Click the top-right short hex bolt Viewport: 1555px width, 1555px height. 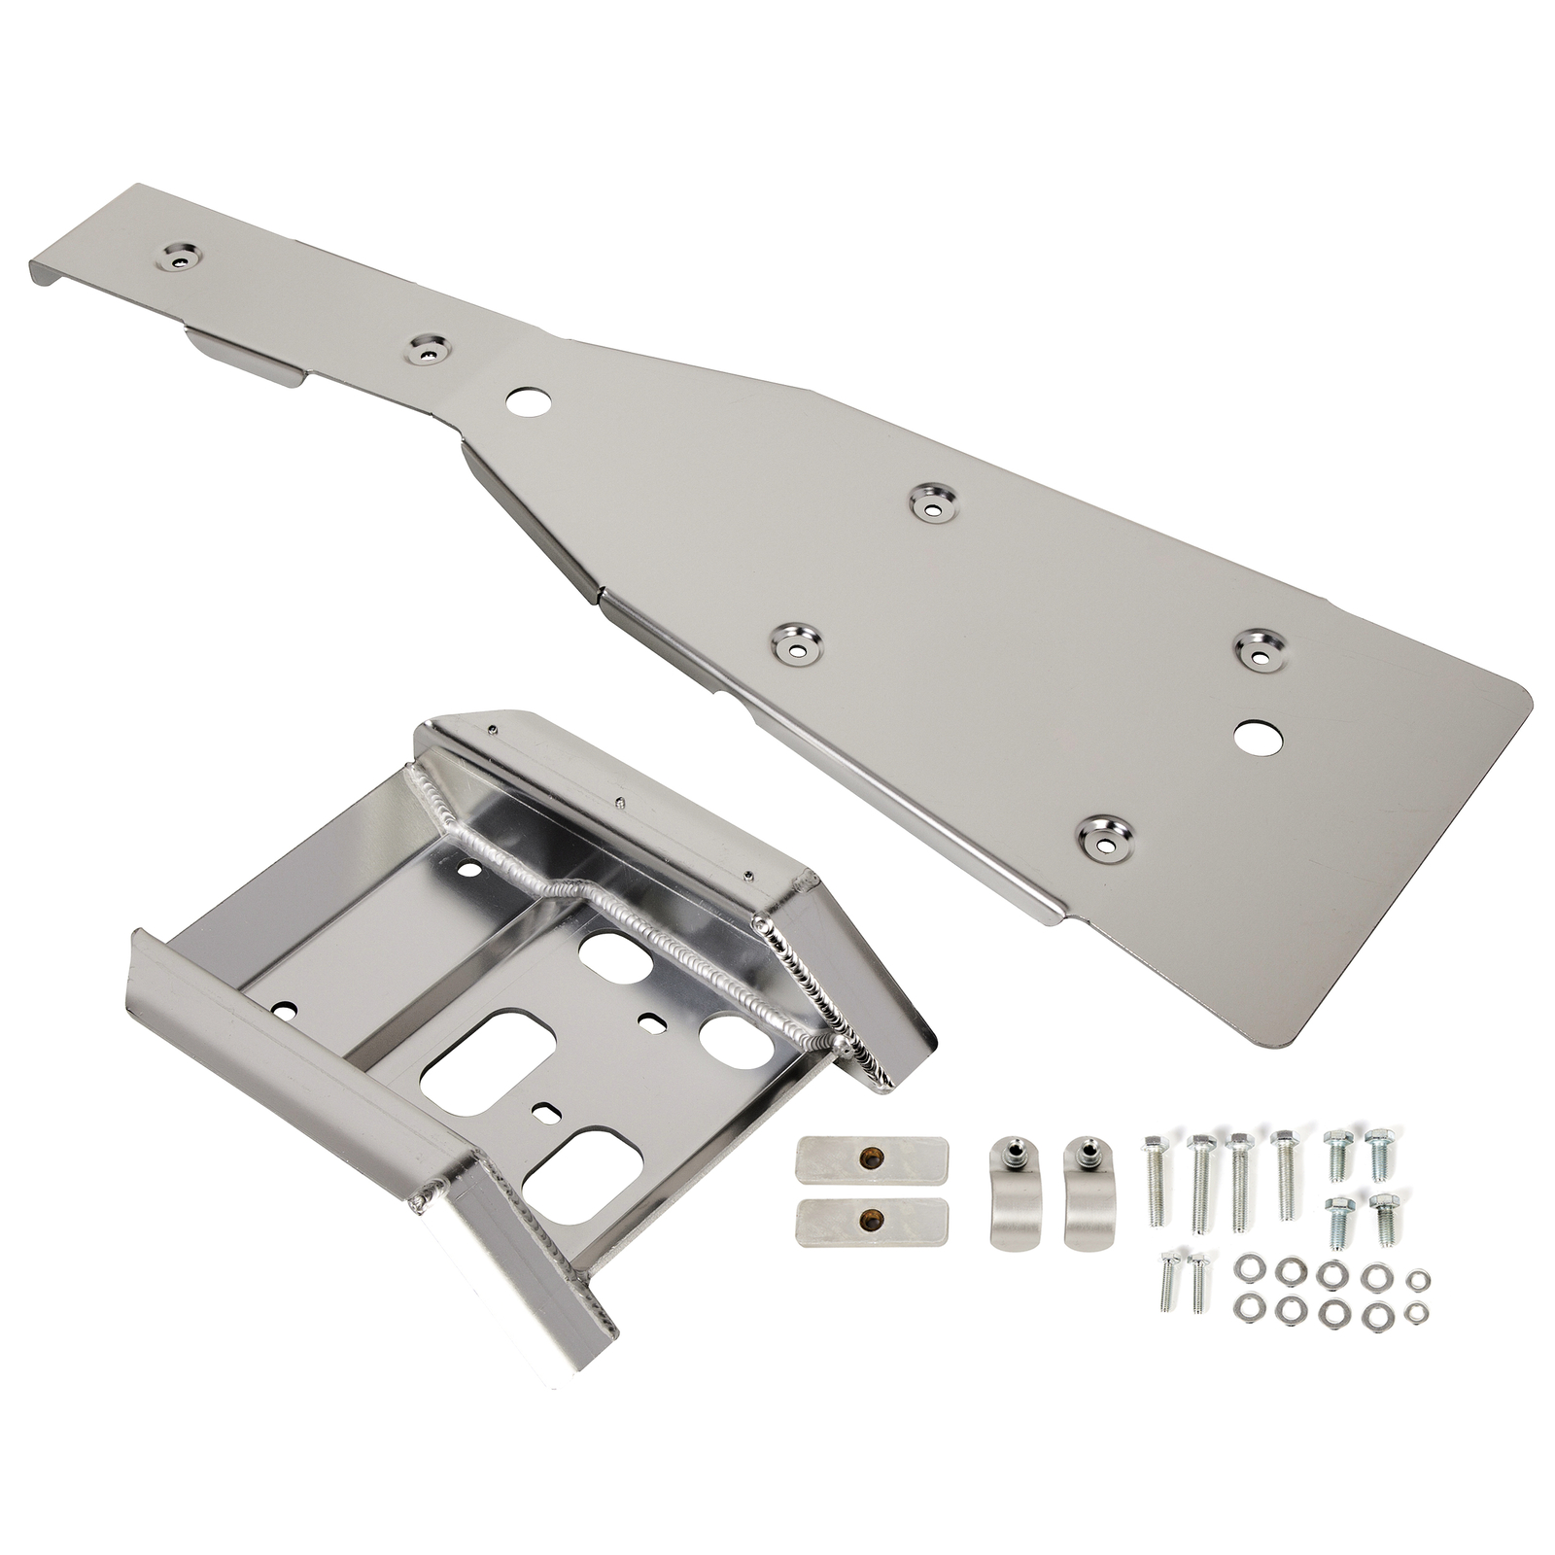point(1377,1153)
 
